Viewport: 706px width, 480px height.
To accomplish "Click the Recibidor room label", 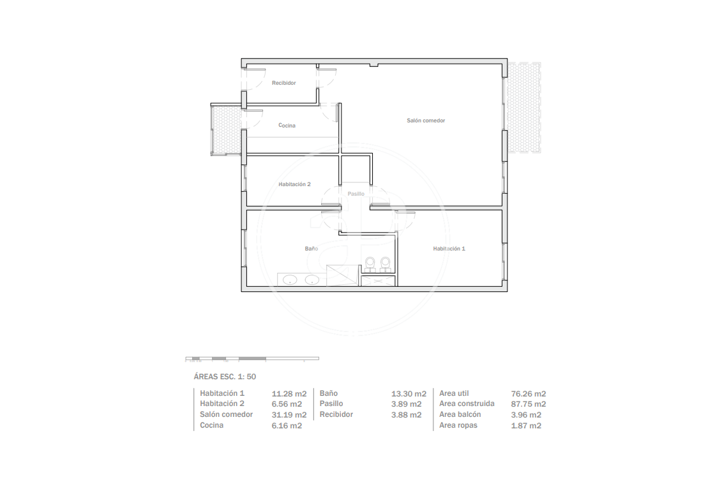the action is click(283, 83).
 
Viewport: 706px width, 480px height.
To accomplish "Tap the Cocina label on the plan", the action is click(287, 126).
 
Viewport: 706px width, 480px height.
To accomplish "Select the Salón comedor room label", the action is click(426, 120).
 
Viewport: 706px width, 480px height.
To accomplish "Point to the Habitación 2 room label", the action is click(294, 184).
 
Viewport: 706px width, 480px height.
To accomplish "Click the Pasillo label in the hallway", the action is click(356, 194).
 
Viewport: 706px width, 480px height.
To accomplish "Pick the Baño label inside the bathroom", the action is click(311, 249).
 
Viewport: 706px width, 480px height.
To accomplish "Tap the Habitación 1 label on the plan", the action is click(449, 249).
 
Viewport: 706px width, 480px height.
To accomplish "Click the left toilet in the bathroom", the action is click(370, 265).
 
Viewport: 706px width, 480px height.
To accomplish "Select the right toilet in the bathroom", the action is click(384, 265).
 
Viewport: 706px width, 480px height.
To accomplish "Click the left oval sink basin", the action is click(290, 280).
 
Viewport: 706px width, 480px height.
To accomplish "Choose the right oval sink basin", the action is click(312, 280).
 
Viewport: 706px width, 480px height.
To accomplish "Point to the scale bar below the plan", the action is click(252, 359).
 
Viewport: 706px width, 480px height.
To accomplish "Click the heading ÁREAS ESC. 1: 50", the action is click(225, 377).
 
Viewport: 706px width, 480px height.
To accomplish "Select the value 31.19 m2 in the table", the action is click(289, 415).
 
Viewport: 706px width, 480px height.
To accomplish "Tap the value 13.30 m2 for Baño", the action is click(409, 394).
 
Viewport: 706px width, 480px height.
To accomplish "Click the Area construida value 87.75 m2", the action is click(529, 404).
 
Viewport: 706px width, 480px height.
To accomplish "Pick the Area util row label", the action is click(454, 393).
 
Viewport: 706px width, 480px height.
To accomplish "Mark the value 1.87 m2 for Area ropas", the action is click(526, 426).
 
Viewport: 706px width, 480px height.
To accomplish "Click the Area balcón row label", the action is click(460, 414).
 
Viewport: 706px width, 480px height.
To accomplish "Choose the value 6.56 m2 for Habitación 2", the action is click(287, 404).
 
